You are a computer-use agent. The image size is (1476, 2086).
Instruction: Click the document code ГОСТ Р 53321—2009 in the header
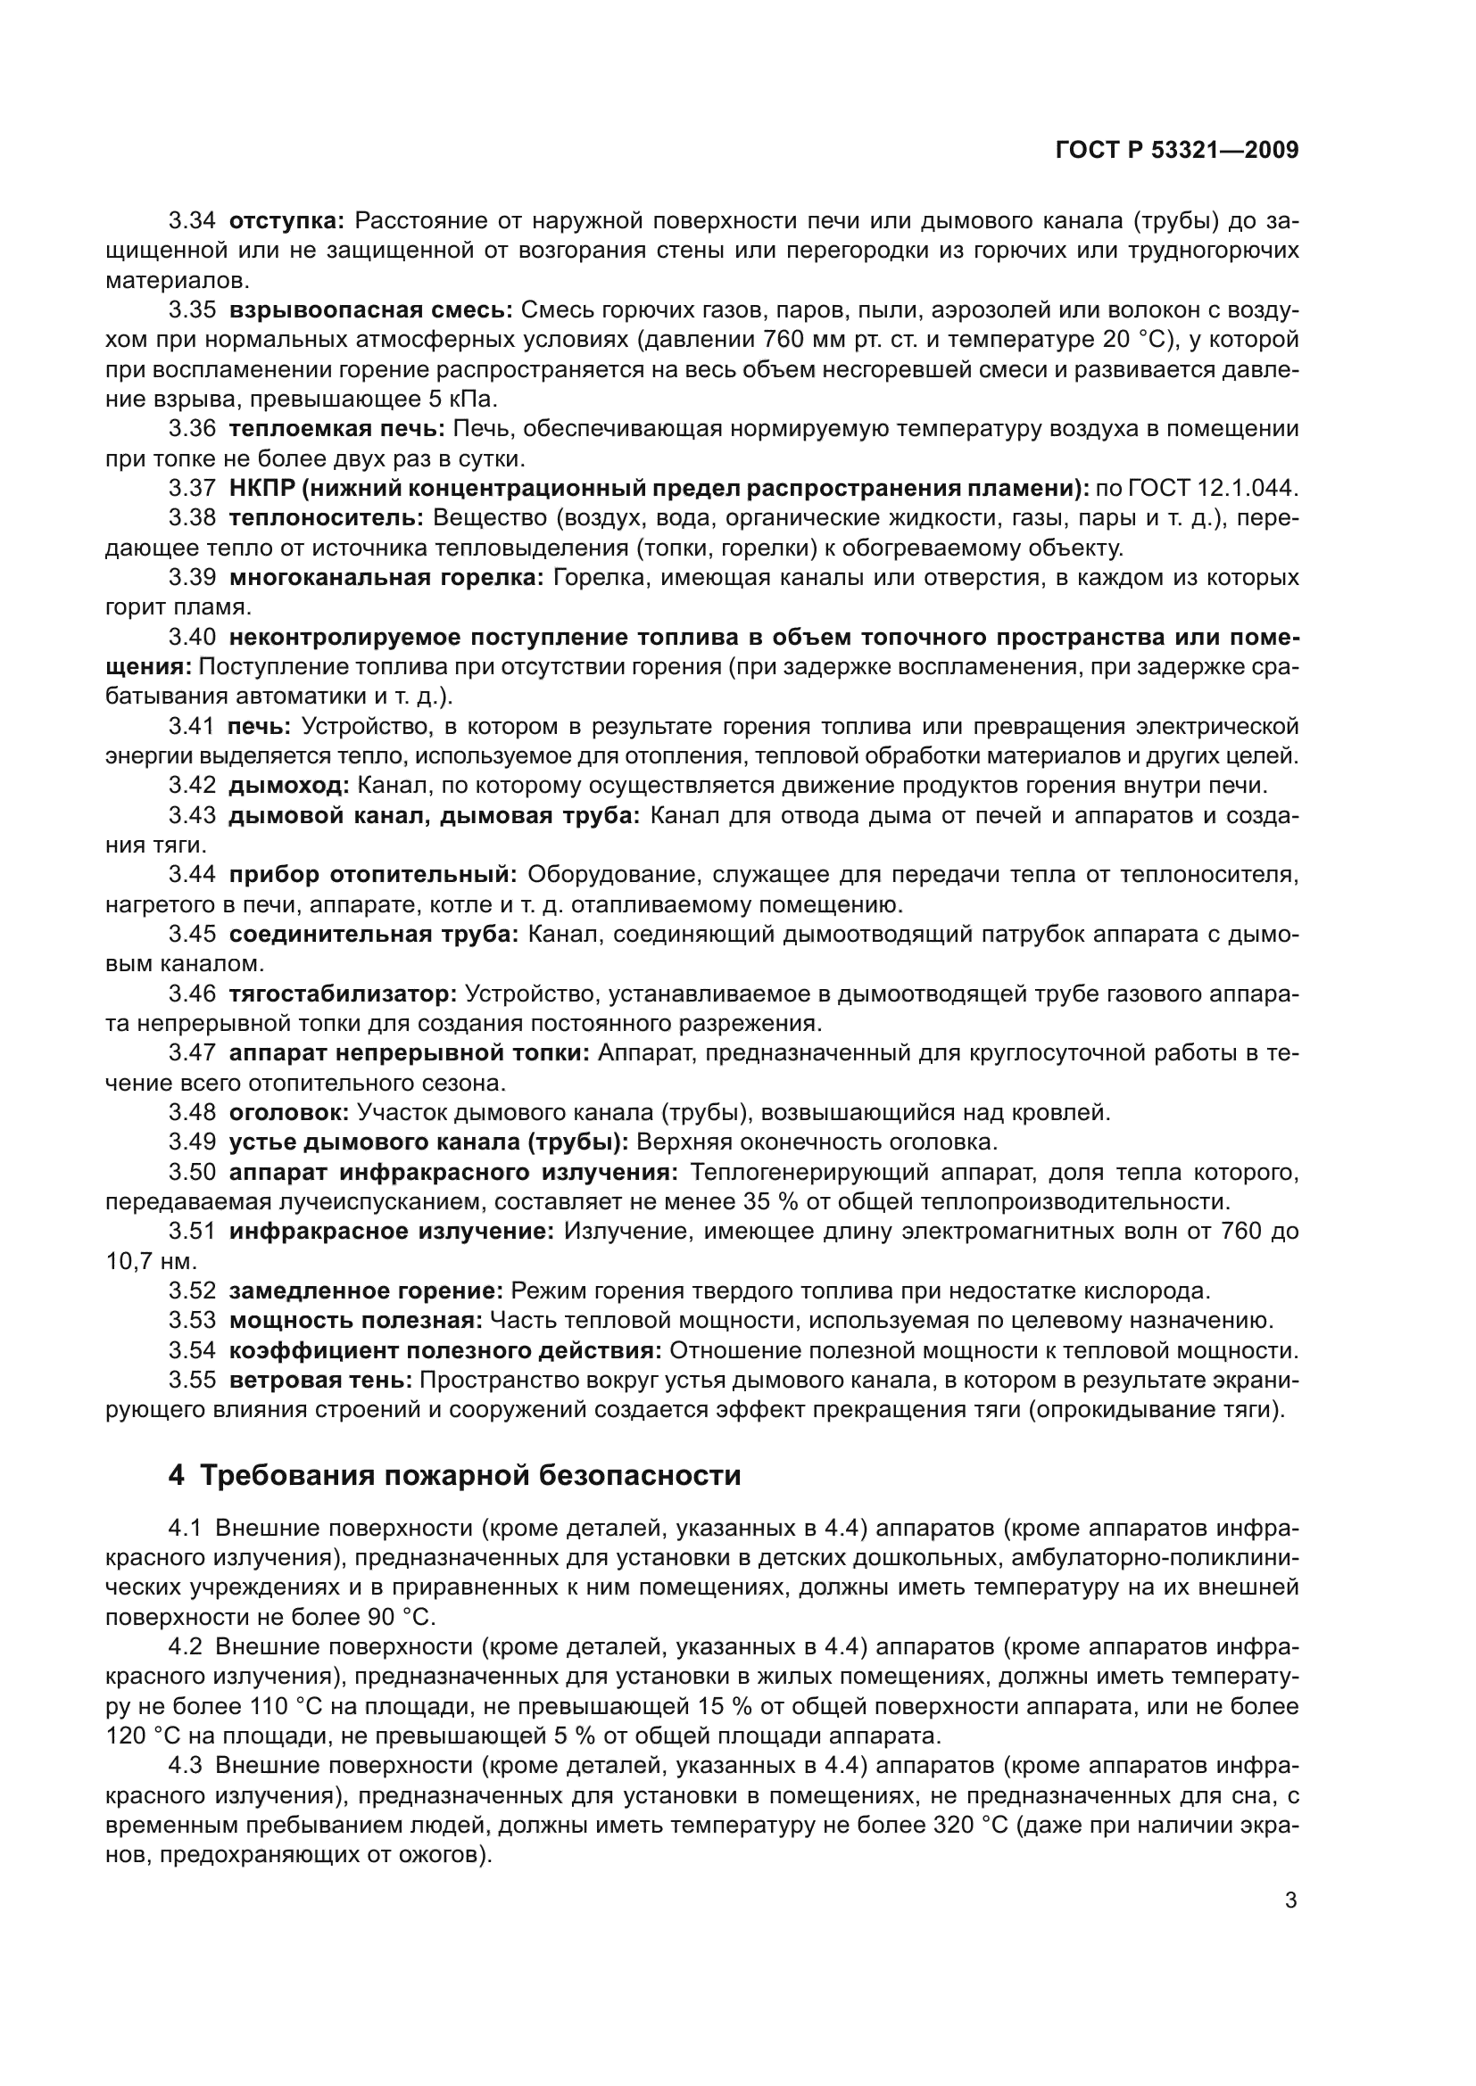pyautogui.click(x=1177, y=151)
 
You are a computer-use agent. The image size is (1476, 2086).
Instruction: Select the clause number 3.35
pyautogui.click(x=192, y=310)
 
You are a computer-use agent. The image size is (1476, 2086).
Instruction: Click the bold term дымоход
pyautogui.click(x=288, y=785)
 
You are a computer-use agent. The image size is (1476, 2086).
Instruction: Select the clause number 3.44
pyautogui.click(x=192, y=875)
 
